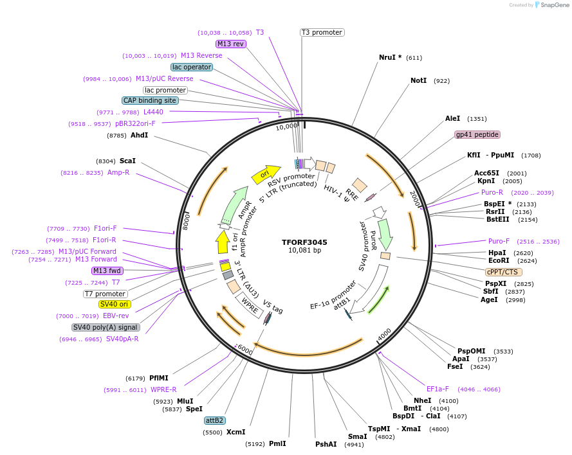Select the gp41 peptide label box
click(x=477, y=134)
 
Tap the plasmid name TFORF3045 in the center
click(x=304, y=242)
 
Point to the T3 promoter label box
click(x=322, y=32)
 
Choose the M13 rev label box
click(x=230, y=44)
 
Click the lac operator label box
click(x=192, y=67)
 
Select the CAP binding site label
click(x=150, y=100)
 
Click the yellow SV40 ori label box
click(x=114, y=304)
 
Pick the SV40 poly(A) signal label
click(x=106, y=327)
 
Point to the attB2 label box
click(x=214, y=420)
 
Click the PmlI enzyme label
click(x=277, y=443)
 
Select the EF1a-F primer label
click(x=438, y=389)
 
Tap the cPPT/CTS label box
click(x=504, y=272)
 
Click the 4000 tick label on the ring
click(x=384, y=335)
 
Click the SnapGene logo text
click(x=553, y=5)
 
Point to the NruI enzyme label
click(x=390, y=57)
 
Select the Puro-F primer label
click(x=499, y=241)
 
